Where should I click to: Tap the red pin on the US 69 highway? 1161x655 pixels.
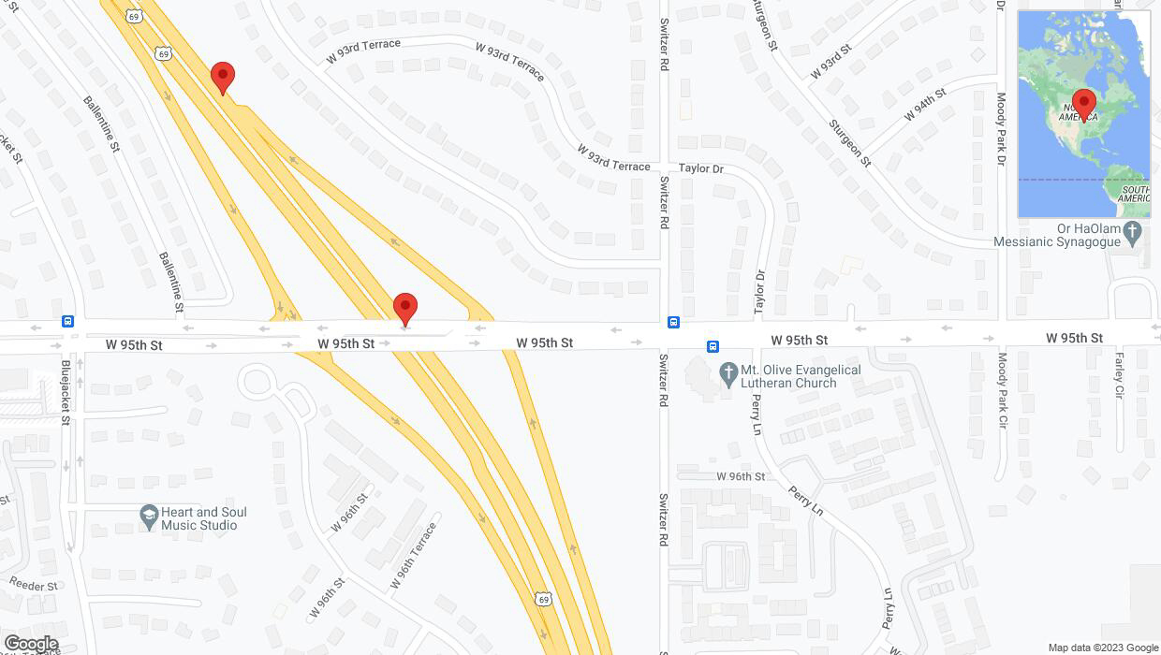click(222, 78)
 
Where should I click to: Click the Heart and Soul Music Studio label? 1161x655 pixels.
click(203, 518)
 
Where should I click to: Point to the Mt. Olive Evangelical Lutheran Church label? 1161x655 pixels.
click(801, 376)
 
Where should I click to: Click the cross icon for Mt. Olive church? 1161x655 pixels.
click(728, 374)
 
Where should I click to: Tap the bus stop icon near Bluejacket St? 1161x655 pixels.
click(68, 321)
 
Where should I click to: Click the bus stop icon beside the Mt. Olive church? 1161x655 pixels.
click(713, 346)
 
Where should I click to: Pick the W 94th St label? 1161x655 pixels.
click(925, 104)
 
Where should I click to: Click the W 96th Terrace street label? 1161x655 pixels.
click(413, 556)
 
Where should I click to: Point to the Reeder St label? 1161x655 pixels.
click(34, 583)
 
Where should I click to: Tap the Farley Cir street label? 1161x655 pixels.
click(1119, 374)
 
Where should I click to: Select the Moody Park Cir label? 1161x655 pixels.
click(1002, 390)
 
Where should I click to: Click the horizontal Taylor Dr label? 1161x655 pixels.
click(701, 169)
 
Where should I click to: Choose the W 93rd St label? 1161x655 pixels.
click(831, 62)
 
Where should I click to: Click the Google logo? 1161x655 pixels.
click(30, 644)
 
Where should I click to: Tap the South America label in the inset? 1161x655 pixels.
click(1134, 193)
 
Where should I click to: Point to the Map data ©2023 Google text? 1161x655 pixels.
click(1102, 648)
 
